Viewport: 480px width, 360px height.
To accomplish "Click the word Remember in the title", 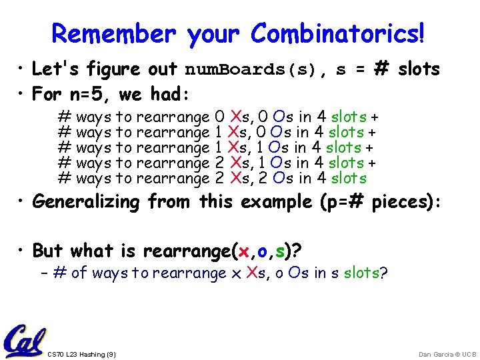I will pos(114,33).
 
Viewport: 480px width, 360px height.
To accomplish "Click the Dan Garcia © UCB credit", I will pos(447,354).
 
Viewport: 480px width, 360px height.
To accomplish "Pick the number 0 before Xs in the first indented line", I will pos(221,116).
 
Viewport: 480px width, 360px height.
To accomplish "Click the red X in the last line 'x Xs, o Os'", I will pos(252,273).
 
